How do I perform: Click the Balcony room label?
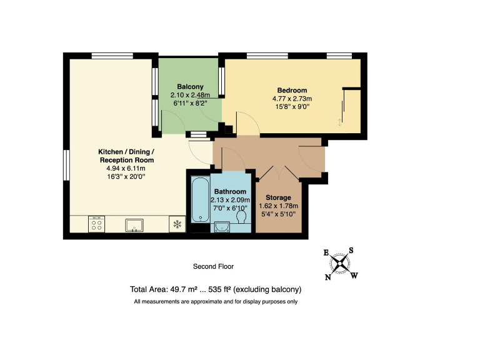pos(189,86)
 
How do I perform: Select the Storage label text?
pos(278,197)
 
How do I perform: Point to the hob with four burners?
pos(97,224)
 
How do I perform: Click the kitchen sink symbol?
pos(135,224)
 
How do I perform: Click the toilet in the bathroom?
pos(242,217)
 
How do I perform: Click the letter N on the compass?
pos(327,277)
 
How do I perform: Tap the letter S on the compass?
pos(351,250)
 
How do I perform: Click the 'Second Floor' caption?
pos(213,266)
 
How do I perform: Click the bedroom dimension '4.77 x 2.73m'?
pos(291,98)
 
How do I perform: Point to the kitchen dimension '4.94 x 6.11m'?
pos(126,168)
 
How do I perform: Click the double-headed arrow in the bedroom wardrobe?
pos(341,121)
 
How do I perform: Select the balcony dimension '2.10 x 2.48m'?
pos(189,95)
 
